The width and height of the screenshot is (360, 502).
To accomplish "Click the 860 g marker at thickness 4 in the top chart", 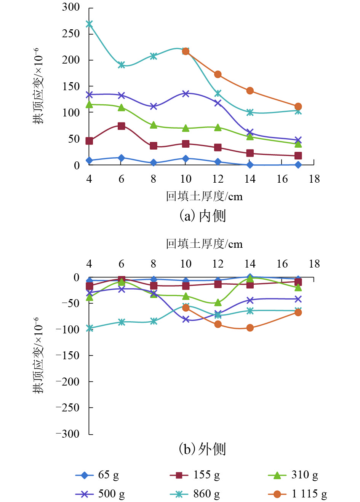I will click(x=89, y=24).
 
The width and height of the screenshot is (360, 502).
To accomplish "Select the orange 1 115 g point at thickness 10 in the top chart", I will click(x=186, y=51).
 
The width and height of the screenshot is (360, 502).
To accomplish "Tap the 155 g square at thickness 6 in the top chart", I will click(x=122, y=126).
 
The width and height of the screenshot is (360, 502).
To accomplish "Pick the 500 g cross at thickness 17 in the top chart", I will click(x=298, y=140).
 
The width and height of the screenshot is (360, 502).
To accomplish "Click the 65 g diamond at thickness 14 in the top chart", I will click(x=250, y=165).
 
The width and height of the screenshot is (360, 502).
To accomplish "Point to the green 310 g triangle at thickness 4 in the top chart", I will click(x=89, y=104).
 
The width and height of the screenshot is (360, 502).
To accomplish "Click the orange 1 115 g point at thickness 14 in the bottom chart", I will click(x=250, y=328).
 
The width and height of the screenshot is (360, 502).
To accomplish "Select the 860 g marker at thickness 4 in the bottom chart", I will click(x=89, y=328).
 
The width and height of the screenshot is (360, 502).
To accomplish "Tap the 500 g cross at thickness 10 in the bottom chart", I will click(x=186, y=319).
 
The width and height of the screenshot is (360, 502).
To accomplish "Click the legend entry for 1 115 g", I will click(x=298, y=494).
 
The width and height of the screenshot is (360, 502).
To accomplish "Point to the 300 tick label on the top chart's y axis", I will click(x=71, y=7).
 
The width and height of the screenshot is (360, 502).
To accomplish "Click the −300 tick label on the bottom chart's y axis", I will click(x=67, y=434).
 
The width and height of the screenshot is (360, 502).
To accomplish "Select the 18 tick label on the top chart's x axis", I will click(x=314, y=179).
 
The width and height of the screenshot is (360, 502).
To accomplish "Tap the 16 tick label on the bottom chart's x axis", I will click(x=282, y=264).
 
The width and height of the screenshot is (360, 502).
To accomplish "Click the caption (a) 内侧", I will click(x=203, y=215).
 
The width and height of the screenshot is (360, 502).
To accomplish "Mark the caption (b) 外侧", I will click(x=203, y=449).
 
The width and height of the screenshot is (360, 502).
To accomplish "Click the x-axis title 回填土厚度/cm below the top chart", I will click(x=204, y=196).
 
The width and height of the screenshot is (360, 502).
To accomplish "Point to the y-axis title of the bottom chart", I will click(x=38, y=355).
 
